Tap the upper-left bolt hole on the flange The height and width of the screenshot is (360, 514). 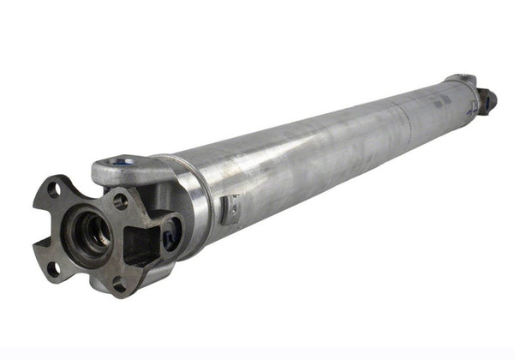pyautogui.click(x=53, y=190)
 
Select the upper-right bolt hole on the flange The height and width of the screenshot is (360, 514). pyautogui.click(x=121, y=202)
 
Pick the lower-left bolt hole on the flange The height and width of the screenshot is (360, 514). pyautogui.click(x=54, y=268)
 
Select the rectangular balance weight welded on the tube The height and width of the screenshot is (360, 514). pyautogui.click(x=230, y=209)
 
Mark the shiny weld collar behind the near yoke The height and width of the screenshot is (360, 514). pyautogui.click(x=195, y=201)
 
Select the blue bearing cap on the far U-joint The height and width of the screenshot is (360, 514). pyautogui.click(x=487, y=102)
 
